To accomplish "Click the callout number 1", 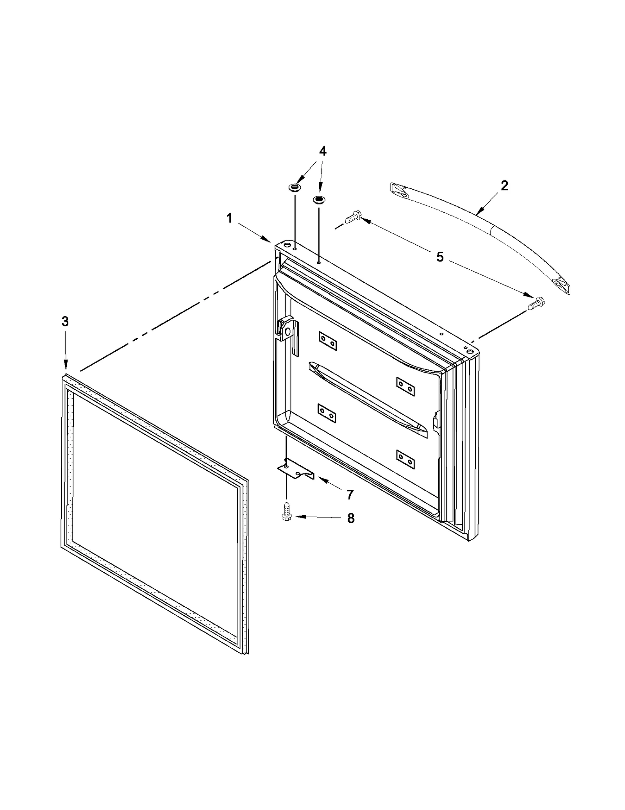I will [229, 218].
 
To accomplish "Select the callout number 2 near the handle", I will [504, 185].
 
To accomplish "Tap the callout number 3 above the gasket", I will [65, 321].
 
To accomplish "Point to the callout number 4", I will [322, 151].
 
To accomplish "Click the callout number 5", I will [440, 257].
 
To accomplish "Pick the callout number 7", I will [350, 495].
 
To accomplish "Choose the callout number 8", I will [350, 518].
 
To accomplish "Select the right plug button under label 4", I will [318, 200].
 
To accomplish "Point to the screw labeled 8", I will [286, 511].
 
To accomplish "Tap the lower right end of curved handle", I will [561, 285].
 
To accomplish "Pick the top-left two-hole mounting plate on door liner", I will [327, 341].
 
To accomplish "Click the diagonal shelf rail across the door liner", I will [367, 399].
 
